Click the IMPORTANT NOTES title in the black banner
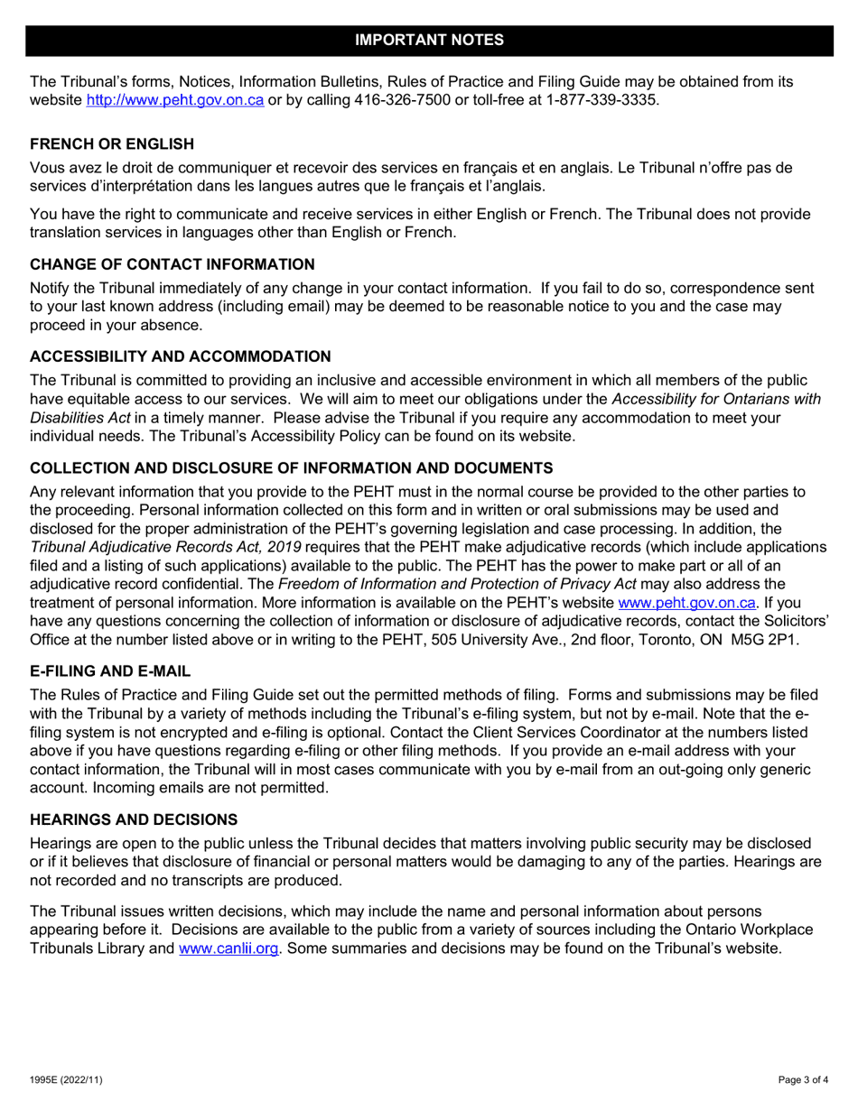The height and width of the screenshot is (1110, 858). (429, 40)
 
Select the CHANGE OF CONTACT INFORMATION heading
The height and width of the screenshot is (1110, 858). (173, 266)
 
